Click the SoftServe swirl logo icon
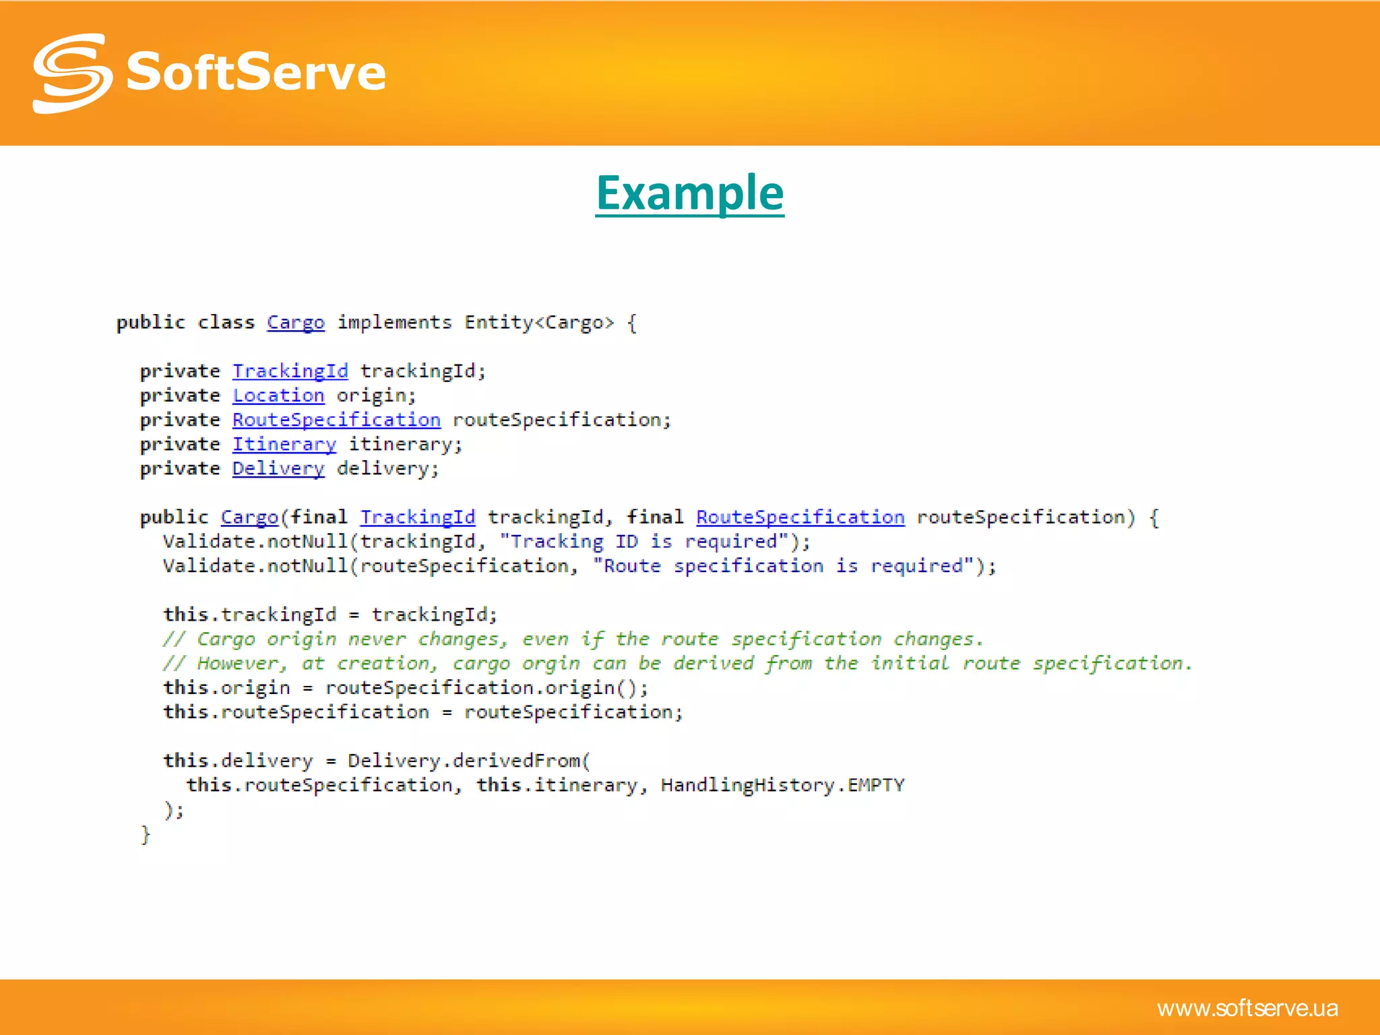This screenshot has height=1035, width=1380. (x=71, y=73)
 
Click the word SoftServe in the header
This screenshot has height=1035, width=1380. (x=256, y=72)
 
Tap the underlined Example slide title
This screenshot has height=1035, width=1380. (x=689, y=193)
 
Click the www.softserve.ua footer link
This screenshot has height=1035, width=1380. (x=1247, y=1008)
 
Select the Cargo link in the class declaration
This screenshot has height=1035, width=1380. (x=295, y=323)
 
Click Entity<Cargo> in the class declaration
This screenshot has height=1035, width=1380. (x=539, y=323)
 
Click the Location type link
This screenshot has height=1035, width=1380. (x=278, y=396)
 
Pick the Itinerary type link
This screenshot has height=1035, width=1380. (x=284, y=445)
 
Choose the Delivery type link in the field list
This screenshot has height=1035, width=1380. (x=278, y=469)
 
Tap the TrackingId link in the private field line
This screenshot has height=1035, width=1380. (x=290, y=371)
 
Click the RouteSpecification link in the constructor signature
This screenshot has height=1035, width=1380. (x=800, y=517)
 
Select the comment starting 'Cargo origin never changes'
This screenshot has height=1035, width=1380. (x=573, y=639)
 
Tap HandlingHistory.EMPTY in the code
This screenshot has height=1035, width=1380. (x=782, y=785)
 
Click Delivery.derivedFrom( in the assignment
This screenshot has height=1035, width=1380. (x=468, y=761)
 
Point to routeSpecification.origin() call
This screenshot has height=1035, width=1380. (x=487, y=688)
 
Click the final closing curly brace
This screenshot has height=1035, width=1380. (x=145, y=834)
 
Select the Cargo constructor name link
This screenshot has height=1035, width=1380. (x=249, y=517)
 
